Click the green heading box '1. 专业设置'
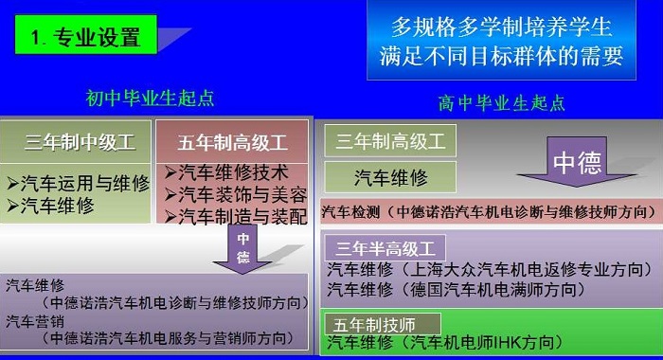click(86, 35)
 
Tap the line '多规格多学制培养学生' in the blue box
click(501, 27)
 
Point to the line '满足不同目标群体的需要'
click(501, 56)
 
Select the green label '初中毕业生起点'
click(150, 99)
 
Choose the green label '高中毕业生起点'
click(501, 103)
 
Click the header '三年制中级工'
click(80, 142)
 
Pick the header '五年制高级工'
click(232, 142)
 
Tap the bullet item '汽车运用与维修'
click(79, 183)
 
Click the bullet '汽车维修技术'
click(226, 172)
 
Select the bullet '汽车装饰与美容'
click(236, 195)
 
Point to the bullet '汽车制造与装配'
click(236, 217)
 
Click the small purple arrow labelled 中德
click(242, 249)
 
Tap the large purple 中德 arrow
click(577, 162)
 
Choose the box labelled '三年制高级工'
click(390, 141)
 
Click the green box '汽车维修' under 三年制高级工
click(390, 177)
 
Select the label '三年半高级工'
click(385, 248)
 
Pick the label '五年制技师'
click(383, 324)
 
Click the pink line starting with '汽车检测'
click(491, 211)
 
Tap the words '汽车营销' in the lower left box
click(35, 322)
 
